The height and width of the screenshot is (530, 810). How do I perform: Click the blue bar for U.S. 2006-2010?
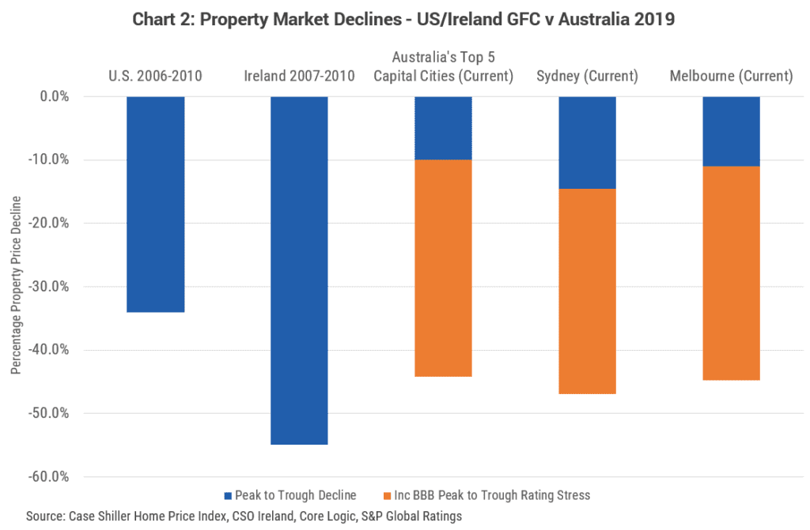[155, 204]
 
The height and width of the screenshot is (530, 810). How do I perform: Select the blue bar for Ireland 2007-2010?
[299, 270]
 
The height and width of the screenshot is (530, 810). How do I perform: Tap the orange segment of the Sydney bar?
[587, 291]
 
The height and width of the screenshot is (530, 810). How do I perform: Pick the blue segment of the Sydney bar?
[587, 142]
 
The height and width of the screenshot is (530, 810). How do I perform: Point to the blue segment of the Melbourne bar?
[731, 131]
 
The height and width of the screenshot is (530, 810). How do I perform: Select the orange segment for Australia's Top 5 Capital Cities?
[443, 268]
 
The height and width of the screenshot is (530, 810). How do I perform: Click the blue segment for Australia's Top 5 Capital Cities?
[443, 128]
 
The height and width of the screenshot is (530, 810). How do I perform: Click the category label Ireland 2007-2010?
[299, 77]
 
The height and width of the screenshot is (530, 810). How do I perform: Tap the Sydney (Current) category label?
[587, 77]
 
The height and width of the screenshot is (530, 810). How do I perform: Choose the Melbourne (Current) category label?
[731, 77]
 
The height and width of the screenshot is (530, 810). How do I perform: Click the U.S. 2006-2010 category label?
[155, 77]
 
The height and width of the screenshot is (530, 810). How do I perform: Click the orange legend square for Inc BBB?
[386, 496]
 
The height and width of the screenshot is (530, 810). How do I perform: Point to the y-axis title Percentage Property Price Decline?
[16, 285]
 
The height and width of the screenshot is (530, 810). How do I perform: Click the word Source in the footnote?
[44, 516]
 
